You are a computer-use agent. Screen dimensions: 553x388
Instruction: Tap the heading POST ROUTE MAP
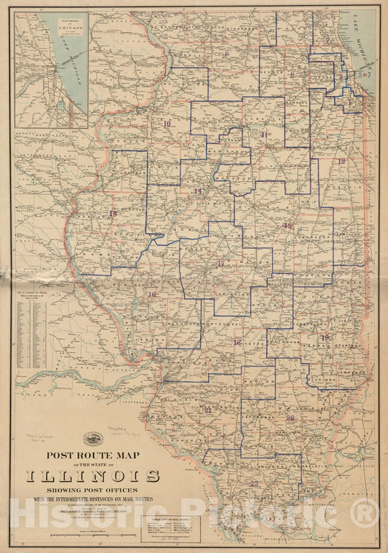pyautogui.click(x=94, y=456)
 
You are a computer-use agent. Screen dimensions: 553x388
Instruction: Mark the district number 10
pyautogui.click(x=167, y=124)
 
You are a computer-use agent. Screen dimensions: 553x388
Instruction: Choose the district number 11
pyautogui.click(x=264, y=135)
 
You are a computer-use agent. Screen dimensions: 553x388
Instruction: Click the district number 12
pyautogui.click(x=341, y=161)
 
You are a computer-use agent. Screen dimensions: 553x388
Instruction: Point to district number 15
pyautogui.click(x=113, y=214)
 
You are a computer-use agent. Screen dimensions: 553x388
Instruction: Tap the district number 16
pyautogui.click(x=152, y=295)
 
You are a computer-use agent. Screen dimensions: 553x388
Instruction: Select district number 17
pyautogui.click(x=220, y=263)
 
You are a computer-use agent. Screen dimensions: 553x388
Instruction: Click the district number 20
pyautogui.click(x=290, y=418)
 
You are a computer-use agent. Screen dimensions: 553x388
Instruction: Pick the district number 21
pyautogui.click(x=208, y=410)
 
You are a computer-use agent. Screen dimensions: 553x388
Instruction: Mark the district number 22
pyautogui.click(x=254, y=483)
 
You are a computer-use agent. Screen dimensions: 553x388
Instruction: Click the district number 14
pyautogui.click(x=197, y=191)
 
